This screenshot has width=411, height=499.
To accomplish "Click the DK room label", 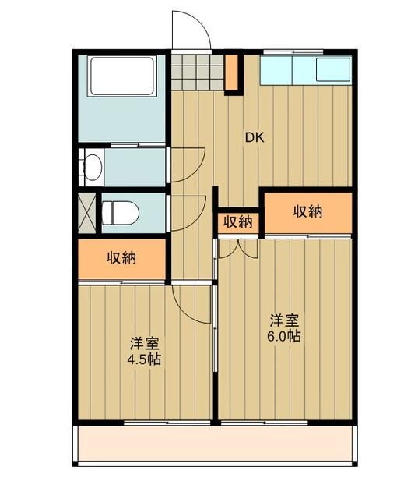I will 255,138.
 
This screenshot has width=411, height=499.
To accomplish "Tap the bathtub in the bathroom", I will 122,75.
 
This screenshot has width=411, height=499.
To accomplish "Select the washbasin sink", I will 92,167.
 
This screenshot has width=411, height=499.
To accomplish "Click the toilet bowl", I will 121,211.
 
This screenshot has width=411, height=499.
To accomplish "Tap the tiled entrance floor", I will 197,73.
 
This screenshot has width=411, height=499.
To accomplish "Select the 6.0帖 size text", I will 286,337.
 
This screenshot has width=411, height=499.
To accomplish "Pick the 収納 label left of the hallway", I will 121,257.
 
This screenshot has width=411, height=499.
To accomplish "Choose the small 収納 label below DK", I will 238,222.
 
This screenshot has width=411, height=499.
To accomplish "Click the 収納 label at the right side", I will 309,211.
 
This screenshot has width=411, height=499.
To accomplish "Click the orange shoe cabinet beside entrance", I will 232,73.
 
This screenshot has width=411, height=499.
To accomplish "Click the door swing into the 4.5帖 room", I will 188,300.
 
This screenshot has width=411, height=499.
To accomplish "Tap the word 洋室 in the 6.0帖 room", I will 285,320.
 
